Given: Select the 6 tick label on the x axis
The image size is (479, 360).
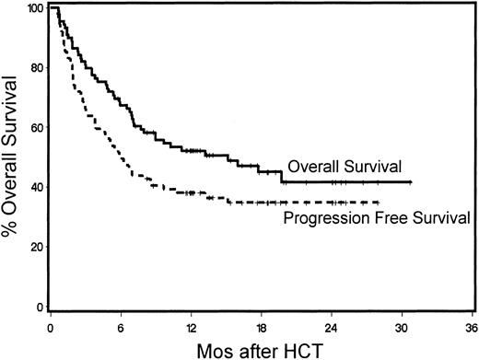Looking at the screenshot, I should click(x=121, y=326).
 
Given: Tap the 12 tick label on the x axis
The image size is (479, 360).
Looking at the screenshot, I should click(x=191, y=326).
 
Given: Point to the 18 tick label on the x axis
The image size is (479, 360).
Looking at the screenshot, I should click(x=262, y=326).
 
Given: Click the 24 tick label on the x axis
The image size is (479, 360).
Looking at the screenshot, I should click(x=333, y=326).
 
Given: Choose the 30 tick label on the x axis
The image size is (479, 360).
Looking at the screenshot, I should click(x=403, y=326).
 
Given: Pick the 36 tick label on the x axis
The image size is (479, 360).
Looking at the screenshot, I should click(x=471, y=326).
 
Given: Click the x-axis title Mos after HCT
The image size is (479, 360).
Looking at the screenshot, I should click(x=262, y=349).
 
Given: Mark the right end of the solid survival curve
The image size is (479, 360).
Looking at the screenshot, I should click(x=411, y=183).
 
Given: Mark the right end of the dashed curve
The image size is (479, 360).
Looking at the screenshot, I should click(x=379, y=202).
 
